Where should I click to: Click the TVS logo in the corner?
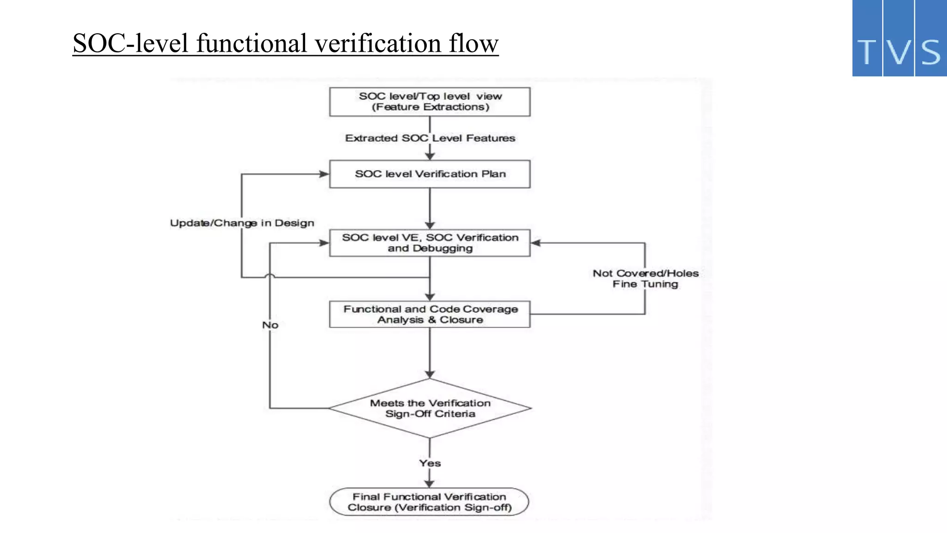(x=899, y=38)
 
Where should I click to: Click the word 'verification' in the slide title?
(x=378, y=43)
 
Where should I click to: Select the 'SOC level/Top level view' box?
(x=430, y=102)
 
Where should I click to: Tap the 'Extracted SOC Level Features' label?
(x=430, y=138)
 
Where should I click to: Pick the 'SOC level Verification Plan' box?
(x=430, y=174)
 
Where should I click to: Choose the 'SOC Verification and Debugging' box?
(x=430, y=243)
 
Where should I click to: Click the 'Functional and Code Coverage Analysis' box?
(x=430, y=315)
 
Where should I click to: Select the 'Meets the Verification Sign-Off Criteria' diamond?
(x=430, y=409)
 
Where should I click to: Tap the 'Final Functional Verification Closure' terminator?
(x=429, y=502)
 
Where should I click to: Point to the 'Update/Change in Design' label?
(x=242, y=223)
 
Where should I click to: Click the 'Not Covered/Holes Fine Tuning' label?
(x=646, y=279)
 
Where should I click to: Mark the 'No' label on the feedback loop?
(x=271, y=325)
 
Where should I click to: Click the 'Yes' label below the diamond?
(x=430, y=463)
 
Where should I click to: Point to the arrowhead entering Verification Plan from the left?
(x=324, y=174)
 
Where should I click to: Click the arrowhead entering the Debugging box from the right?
(x=536, y=243)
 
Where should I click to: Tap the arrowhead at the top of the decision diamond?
(x=430, y=374)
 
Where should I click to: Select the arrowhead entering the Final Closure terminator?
(x=430, y=483)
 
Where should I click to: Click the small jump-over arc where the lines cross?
(x=270, y=276)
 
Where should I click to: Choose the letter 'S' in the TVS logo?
(x=931, y=52)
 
